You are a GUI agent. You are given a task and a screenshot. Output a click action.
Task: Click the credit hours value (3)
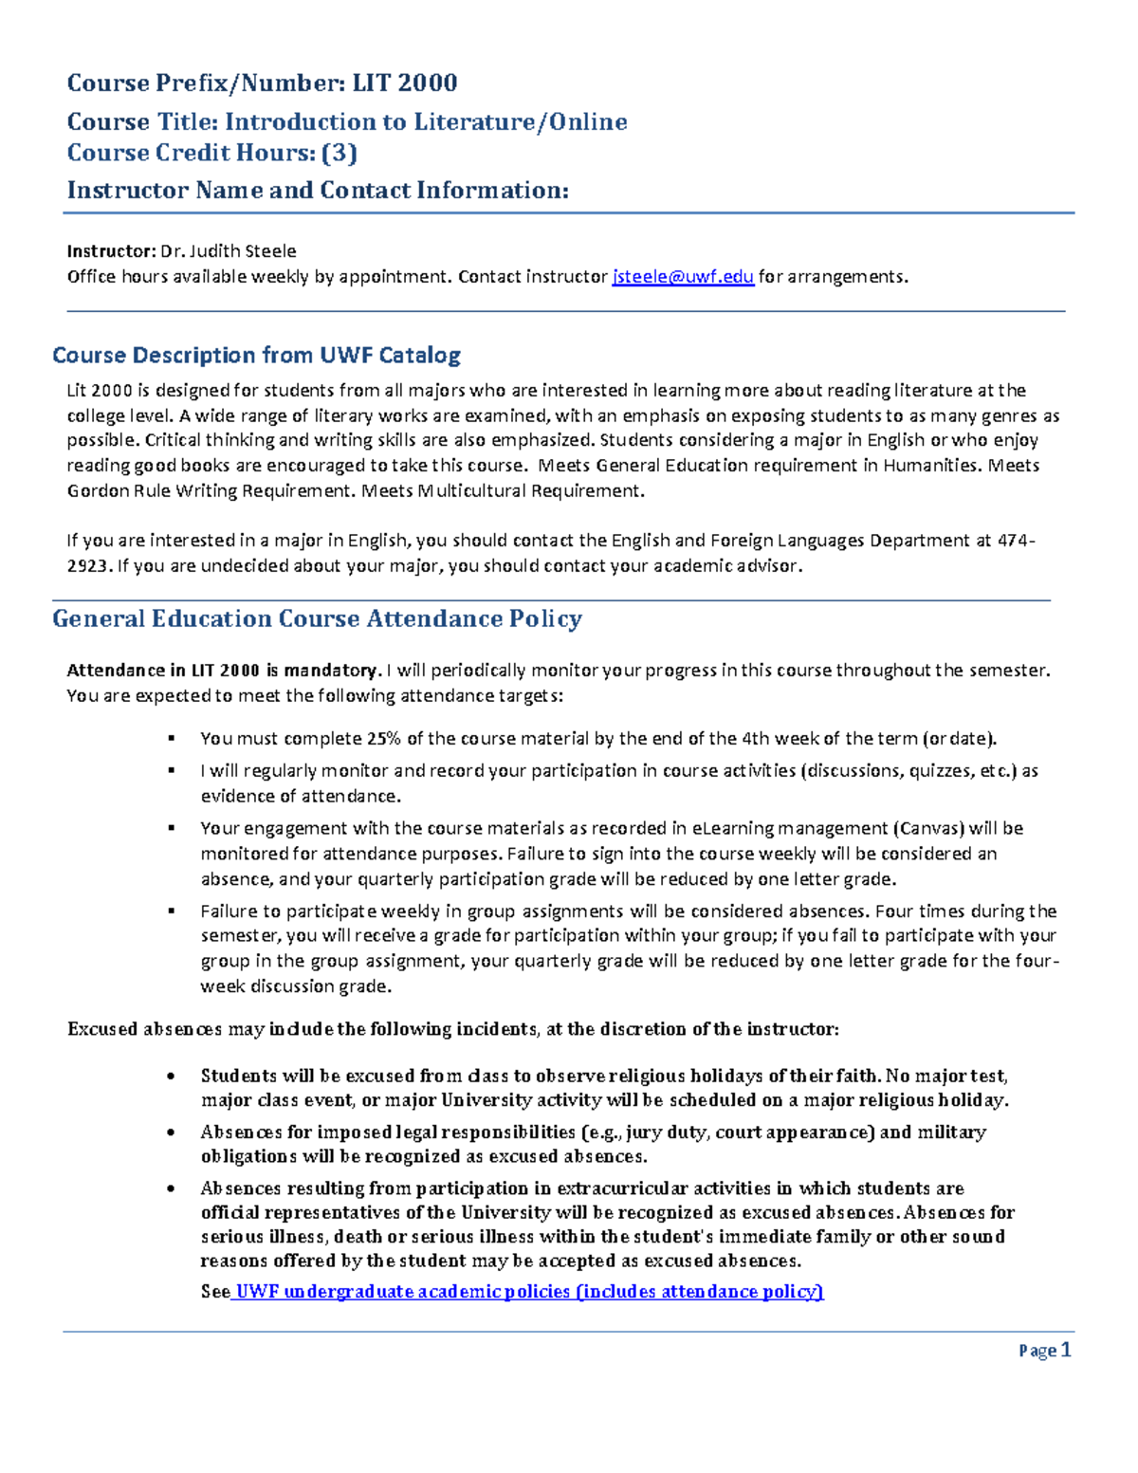pyautogui.click(x=340, y=153)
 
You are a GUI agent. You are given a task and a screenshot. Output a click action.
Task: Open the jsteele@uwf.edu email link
pyautogui.click(x=683, y=277)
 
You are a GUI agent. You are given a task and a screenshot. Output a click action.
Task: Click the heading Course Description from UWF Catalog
pyautogui.click(x=256, y=356)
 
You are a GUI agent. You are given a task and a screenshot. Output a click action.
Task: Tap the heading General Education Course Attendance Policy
pyautogui.click(x=317, y=619)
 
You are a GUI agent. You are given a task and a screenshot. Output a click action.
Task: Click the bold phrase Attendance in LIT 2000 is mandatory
pyautogui.click(x=223, y=671)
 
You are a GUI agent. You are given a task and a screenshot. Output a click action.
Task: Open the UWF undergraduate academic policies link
pyautogui.click(x=528, y=1292)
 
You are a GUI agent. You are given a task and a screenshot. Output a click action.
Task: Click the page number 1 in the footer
pyautogui.click(x=1066, y=1350)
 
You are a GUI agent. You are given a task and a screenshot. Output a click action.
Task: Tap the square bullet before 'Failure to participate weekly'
pyautogui.click(x=172, y=911)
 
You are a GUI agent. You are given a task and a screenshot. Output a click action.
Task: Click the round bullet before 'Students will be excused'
pyautogui.click(x=171, y=1077)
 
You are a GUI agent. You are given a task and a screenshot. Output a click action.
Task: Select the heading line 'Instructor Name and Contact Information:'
pyautogui.click(x=318, y=191)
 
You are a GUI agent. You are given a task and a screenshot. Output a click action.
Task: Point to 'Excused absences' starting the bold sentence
pyautogui.click(x=144, y=1030)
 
